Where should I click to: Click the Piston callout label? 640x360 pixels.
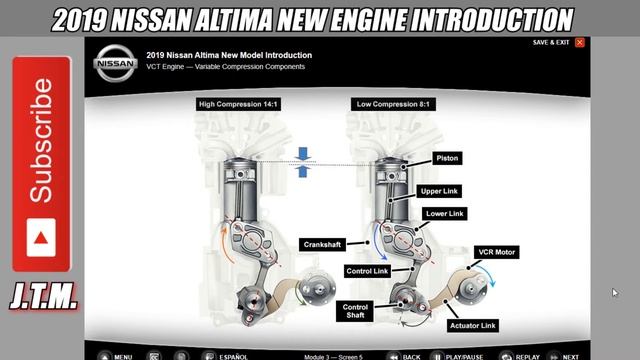447,158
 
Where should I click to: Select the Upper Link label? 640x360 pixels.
439,191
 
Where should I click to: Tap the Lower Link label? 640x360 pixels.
444,213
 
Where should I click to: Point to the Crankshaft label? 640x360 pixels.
322,244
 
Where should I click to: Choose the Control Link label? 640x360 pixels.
367,271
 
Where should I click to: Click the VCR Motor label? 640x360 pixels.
496,252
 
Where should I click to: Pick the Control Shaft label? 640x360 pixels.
355,311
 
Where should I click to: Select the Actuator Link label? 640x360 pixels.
473,326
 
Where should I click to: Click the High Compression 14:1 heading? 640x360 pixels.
238,104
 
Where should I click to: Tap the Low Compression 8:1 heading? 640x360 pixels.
393,104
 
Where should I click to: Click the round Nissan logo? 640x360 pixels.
115,63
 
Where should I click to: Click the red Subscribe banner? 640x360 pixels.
41,164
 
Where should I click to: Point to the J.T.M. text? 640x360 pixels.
44,296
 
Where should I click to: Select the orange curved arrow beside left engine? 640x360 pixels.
224,244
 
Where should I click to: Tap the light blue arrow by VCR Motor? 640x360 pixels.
487,273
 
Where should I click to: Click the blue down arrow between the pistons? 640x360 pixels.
302,153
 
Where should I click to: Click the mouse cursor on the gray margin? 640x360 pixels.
615,293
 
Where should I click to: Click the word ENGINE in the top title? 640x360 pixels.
367,20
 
